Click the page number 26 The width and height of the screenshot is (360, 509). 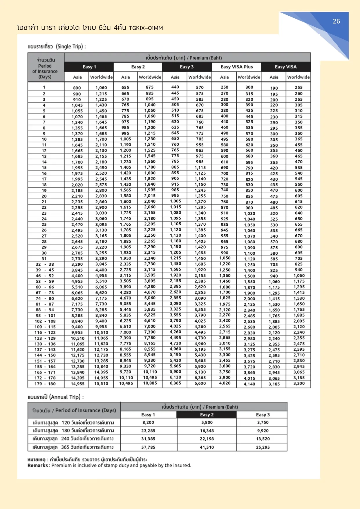tap(336, 21)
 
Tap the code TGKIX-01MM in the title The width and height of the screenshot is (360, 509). tap(146, 28)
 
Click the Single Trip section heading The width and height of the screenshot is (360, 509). tap(57, 46)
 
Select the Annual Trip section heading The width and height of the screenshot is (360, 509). tap(56, 397)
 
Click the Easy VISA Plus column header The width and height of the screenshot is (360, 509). tap(236, 67)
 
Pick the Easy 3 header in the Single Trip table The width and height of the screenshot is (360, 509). tap(187, 67)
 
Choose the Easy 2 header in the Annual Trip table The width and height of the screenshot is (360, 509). tap(207, 415)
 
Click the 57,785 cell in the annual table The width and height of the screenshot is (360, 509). tap(148, 447)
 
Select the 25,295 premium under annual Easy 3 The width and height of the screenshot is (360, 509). tap(263, 447)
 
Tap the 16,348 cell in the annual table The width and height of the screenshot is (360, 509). tap(207, 431)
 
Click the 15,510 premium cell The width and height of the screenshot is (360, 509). tap(101, 383)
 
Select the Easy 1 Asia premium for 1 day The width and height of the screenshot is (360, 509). tap(77, 88)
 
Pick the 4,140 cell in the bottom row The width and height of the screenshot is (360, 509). tap(249, 384)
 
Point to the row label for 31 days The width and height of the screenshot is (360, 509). tap(44, 259)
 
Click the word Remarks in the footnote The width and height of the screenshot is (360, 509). tap(38, 465)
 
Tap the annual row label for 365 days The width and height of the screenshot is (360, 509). tap(73, 447)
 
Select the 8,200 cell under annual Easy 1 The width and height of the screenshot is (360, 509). tap(148, 423)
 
